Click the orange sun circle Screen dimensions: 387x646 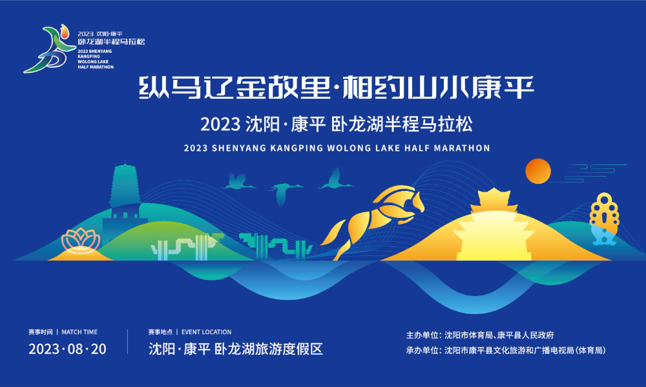click(537, 171)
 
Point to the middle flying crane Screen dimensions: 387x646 click(285, 192)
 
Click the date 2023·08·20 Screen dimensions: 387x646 click(67, 350)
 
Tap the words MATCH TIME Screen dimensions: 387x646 click(79, 332)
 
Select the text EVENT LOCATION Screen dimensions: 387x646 click(206, 332)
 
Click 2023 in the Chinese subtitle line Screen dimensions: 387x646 click(220, 123)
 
